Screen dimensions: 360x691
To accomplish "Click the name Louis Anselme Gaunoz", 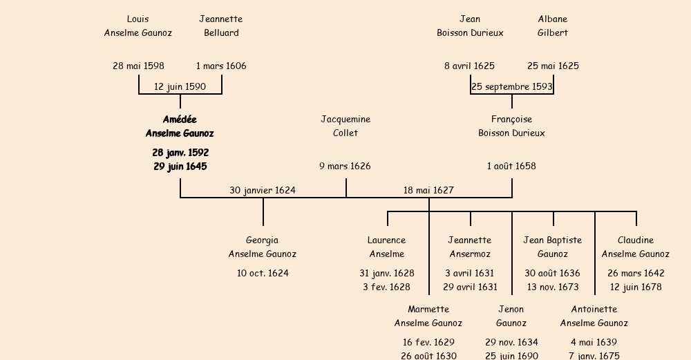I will pos(138,26).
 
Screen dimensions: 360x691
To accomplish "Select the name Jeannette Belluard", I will pos(221,26).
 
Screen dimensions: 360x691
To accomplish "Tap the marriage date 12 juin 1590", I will pos(180,87).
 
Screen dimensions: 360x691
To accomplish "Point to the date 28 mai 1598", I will pos(138,66).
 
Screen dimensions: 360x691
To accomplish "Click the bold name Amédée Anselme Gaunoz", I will pos(180,126).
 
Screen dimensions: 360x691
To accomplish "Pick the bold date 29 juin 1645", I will pos(180,167).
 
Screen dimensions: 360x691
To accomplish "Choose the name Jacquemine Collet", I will pos(345,126).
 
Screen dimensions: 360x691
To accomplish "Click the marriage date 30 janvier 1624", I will pos(263,191).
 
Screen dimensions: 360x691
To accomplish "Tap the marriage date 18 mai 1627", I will pos(428,191).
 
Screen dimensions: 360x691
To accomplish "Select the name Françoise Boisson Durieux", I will pos(511,126).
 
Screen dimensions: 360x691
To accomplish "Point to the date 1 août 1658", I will pos(511,167).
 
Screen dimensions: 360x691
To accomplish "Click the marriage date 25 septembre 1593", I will pos(511,87).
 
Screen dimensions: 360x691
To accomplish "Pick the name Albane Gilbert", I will pos(553,26).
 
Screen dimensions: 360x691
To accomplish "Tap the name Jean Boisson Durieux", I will pos(470,26).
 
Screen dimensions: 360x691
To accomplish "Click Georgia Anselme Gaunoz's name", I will pos(263,247).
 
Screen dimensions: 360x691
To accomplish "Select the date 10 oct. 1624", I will pos(263,274).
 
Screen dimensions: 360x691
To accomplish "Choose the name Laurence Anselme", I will pos(387,247).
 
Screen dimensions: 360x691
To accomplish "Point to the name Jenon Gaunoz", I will pos(511,316).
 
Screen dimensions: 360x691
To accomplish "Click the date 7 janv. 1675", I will pos(594,356).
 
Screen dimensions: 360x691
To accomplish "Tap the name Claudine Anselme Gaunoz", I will pos(636,247).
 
